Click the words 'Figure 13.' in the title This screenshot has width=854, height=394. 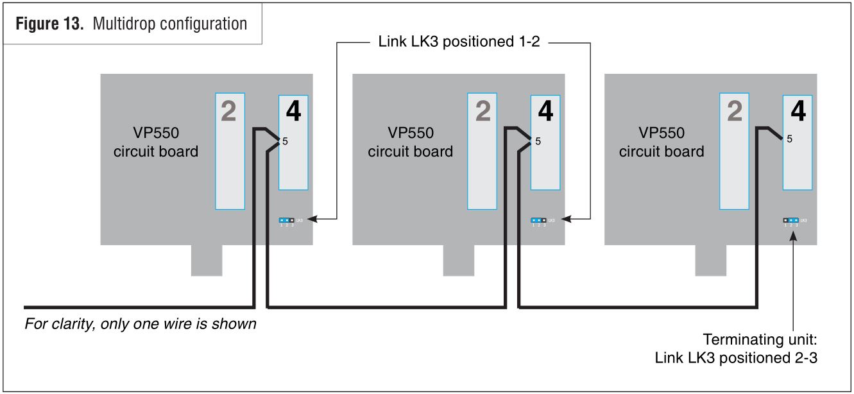[x=49, y=24]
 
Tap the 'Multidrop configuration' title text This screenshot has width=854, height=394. [x=170, y=24]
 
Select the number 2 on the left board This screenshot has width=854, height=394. [x=228, y=112]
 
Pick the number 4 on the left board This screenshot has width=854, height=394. [x=293, y=112]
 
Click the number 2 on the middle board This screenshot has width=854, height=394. [x=482, y=112]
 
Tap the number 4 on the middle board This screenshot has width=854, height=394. [x=545, y=112]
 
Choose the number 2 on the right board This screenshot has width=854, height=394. [x=734, y=112]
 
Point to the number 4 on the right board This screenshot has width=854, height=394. [x=798, y=112]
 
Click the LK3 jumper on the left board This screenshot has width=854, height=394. [x=287, y=220]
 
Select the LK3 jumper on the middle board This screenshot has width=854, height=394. [x=539, y=220]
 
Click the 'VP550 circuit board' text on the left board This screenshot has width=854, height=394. [x=156, y=142]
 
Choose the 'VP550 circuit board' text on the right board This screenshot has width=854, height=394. [x=662, y=142]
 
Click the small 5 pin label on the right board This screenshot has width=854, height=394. [x=789, y=139]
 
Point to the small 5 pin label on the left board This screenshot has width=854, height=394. [x=286, y=141]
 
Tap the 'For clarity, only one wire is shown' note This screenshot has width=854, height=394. [x=141, y=324]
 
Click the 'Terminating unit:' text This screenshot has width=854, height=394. [x=760, y=339]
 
